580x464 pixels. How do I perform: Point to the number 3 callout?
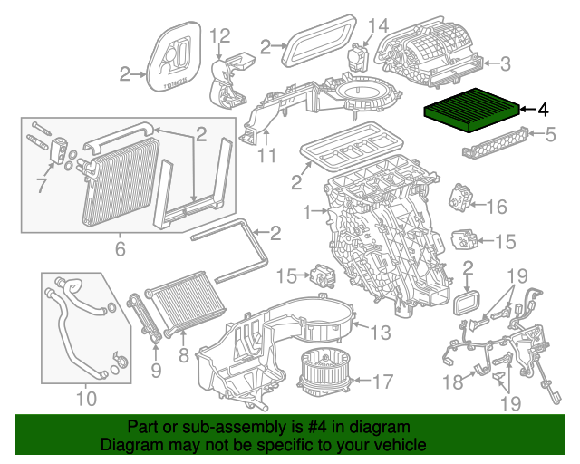coord(505,63)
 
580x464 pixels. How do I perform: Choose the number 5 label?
coord(549,136)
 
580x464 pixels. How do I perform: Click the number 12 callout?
coord(220,36)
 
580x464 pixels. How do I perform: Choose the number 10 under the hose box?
coord(85,398)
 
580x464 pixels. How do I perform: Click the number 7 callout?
coord(40,187)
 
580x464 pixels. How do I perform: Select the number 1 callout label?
coord(306,213)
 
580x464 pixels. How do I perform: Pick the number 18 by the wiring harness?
coord(451,382)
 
